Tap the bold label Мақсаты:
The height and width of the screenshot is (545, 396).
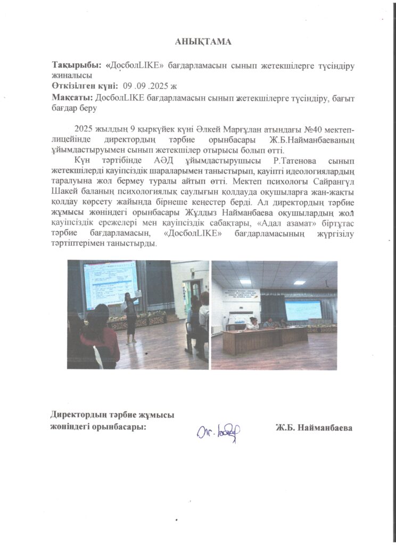(72, 98)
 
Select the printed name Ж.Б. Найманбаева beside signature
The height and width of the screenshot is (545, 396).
(314, 428)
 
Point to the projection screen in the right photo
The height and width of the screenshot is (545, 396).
(302, 309)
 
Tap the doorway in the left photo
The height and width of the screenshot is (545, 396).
(191, 295)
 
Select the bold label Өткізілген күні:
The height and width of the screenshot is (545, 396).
(85, 86)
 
